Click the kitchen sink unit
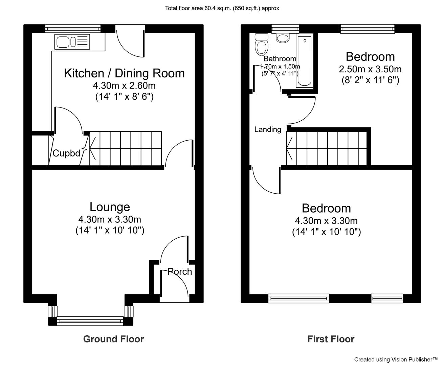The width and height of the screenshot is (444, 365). pos(72,42)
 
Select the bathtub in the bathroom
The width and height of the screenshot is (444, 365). pos(305,60)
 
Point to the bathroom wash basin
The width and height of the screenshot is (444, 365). pos(283,38)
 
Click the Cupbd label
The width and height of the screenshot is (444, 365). pos(67,153)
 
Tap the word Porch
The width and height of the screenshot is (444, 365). pos(180,271)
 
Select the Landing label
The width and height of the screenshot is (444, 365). pos(268,129)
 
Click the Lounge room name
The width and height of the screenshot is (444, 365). pos(110,207)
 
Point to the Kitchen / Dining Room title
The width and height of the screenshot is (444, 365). pos(124,73)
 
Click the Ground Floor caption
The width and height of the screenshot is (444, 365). pos(113,339)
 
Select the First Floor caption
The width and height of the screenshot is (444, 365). pos(331,339)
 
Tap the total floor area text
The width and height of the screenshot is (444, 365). pos(222,8)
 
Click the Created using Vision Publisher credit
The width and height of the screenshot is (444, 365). pos(396,360)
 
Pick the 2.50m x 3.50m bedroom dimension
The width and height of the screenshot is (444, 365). pos(370,69)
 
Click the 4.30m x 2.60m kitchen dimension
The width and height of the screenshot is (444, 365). pos(124,86)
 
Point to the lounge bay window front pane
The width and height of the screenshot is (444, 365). pos(90,321)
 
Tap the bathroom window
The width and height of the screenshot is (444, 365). pos(285,29)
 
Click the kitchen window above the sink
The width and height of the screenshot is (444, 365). pos(73,29)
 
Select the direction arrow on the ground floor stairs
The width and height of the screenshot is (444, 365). pos(93,149)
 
